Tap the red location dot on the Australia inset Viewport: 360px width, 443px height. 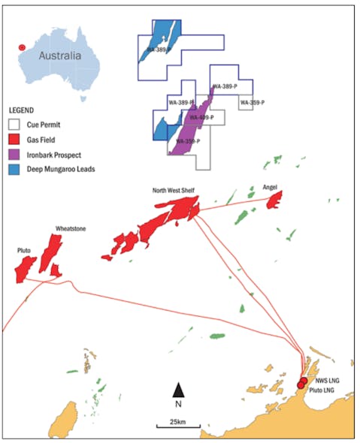coord(23,47)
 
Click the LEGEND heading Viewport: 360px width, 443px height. coord(22,110)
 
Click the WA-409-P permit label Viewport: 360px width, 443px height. coord(201,118)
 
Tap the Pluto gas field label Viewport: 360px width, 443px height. coord(25,248)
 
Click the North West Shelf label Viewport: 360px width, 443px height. coord(172,191)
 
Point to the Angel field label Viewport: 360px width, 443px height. coord(271,185)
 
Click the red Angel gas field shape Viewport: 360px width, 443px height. coord(274,200)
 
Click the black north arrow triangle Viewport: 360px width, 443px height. coord(178,389)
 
